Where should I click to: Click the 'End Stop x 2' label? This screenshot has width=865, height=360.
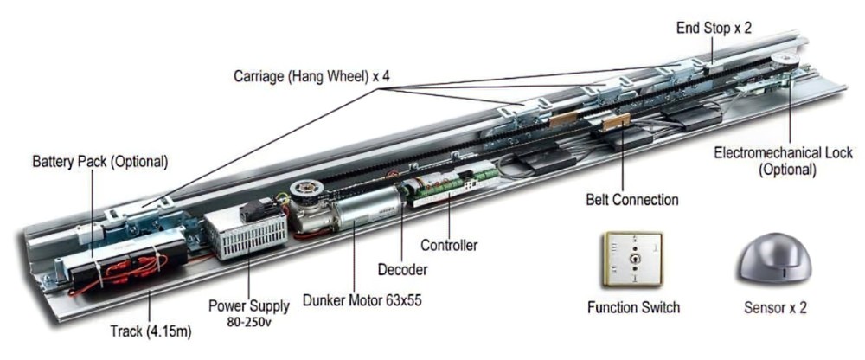point(714,29)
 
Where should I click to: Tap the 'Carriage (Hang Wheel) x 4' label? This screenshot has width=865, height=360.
point(311,75)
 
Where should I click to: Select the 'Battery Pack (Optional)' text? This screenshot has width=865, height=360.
point(99,162)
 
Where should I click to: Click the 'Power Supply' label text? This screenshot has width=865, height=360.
point(245,305)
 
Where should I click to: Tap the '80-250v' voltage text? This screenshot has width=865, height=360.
point(245,322)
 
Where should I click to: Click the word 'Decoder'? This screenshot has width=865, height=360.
point(402,270)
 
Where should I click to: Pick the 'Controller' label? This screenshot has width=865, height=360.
point(448,246)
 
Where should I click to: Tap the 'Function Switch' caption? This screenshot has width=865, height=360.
point(633,307)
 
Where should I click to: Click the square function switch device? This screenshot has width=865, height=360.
point(632,258)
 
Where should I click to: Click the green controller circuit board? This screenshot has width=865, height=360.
point(450,183)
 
